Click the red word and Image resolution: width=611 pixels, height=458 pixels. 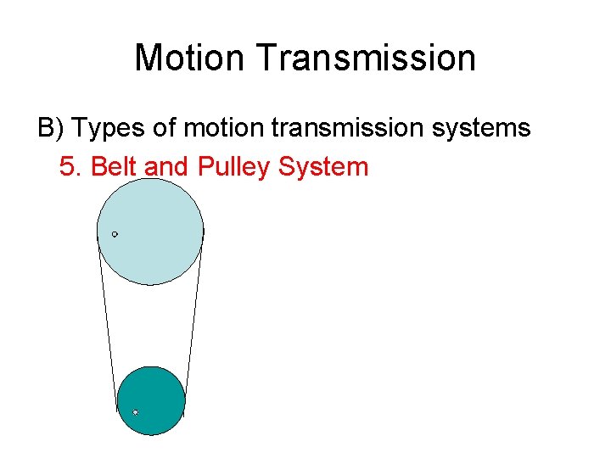pyautogui.click(x=166, y=166)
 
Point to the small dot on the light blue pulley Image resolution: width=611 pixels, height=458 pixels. pyautogui.click(x=115, y=234)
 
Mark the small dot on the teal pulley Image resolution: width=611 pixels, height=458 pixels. pyautogui.click(x=135, y=413)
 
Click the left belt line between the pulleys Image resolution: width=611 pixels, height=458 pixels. pyautogui.click(x=107, y=322)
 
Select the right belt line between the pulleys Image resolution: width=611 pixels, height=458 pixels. pyautogui.click(x=194, y=322)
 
